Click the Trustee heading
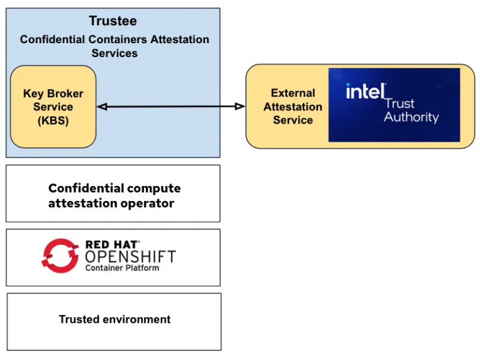[113, 21]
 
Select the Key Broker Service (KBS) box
[53, 107]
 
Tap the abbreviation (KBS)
[53, 120]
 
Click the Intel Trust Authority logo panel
[394, 105]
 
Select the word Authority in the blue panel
[411, 117]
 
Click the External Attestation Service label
[293, 107]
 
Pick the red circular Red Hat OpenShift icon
[60, 255]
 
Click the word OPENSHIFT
[130, 257]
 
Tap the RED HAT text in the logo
[112, 245]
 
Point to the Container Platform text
[122, 268]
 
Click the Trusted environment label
[115, 319]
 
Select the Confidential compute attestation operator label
[114, 196]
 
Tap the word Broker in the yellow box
[64, 94]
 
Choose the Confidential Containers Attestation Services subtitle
[115, 46]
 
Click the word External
[293, 94]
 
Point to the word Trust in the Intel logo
[400, 103]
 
